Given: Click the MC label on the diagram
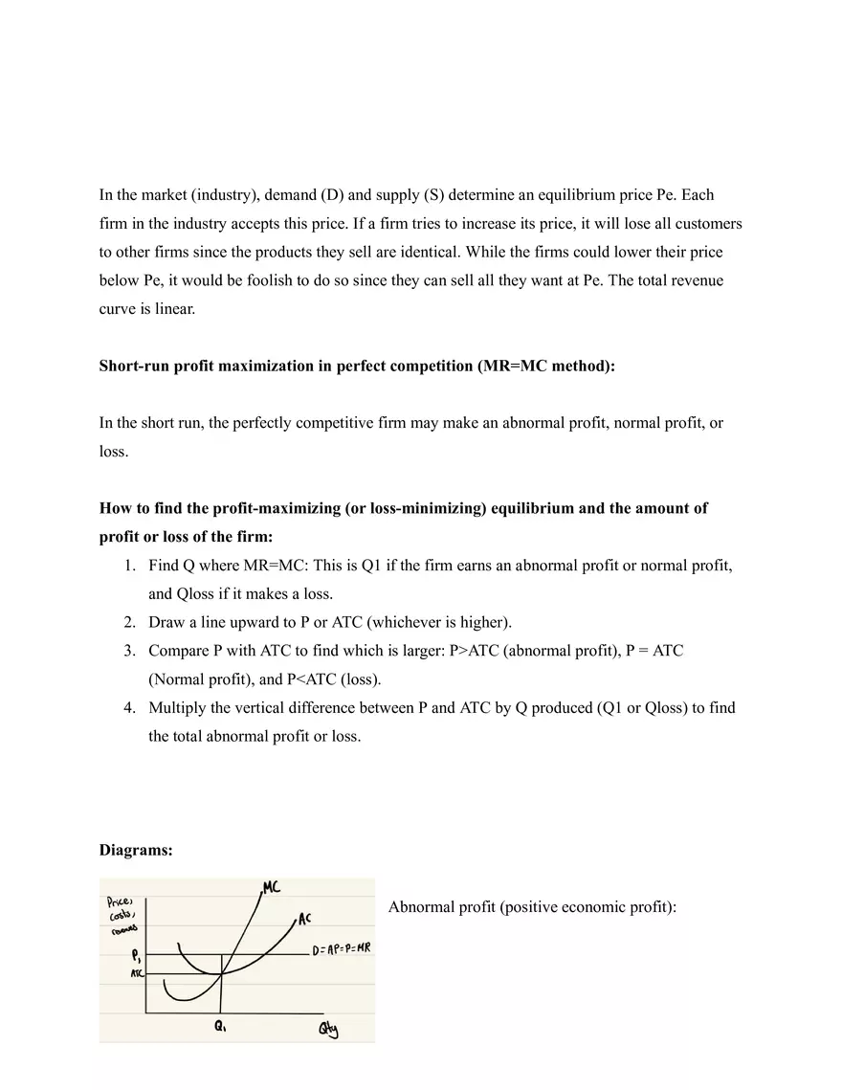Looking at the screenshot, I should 271,886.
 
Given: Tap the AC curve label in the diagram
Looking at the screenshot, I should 304,919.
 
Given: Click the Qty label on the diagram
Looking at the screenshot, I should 328,1030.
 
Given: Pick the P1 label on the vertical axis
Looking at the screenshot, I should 137,954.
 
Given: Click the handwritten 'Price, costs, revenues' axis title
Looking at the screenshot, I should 122,914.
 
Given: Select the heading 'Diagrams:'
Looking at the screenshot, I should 136,850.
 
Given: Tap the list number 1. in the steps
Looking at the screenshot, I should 129,566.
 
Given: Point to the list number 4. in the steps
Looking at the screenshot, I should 129,708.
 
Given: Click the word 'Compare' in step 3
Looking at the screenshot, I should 179,651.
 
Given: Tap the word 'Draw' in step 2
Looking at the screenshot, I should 166,622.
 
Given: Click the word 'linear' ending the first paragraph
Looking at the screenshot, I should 173,309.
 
